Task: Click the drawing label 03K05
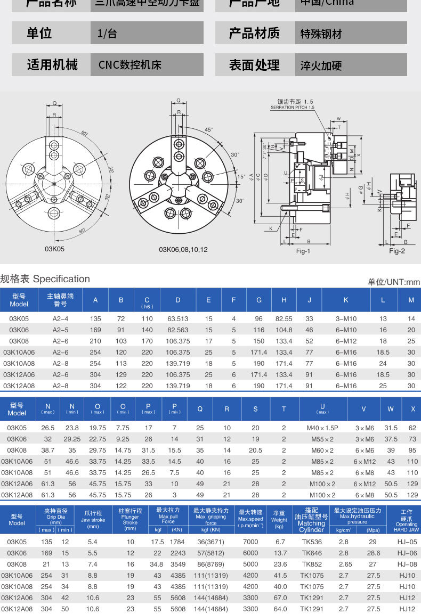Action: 54,248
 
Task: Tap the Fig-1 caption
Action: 303,251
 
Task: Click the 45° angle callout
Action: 208,129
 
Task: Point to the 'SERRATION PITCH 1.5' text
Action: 293,107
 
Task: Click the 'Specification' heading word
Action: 61,279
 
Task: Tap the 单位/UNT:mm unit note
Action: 393,282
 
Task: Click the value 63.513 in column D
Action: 177,318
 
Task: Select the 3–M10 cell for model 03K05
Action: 346,318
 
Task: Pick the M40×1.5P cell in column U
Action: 322,428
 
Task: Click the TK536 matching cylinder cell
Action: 311,542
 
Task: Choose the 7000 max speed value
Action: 250,542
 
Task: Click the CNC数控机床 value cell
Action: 129,65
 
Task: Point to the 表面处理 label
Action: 254,65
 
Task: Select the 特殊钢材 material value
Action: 321,34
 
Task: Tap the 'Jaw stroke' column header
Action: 93,520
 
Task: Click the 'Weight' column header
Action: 279,520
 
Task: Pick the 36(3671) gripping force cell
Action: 211,542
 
